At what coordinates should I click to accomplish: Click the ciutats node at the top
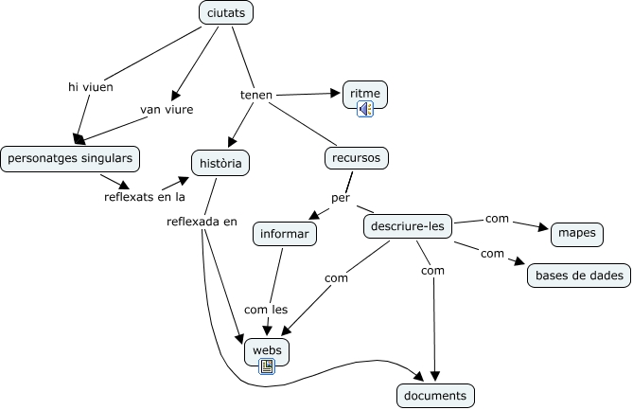tap(227, 13)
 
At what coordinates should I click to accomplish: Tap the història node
tap(220, 163)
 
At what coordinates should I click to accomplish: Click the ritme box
tap(364, 94)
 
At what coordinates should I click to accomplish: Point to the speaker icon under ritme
tap(365, 109)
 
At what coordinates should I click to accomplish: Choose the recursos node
tap(357, 157)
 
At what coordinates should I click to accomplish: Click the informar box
tap(284, 232)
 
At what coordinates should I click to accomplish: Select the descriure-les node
tap(407, 226)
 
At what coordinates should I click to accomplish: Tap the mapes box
tap(576, 233)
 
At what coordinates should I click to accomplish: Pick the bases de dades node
tap(579, 276)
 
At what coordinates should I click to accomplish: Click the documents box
tap(434, 395)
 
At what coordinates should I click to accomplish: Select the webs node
tap(267, 349)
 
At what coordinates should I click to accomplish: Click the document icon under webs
tap(267, 365)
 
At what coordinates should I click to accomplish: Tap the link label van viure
tap(167, 110)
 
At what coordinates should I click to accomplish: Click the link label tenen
tap(256, 95)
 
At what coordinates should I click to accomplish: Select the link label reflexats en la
tap(145, 197)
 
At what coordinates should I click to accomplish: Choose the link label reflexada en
tap(202, 222)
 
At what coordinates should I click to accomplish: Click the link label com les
tap(266, 309)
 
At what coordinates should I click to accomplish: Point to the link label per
tap(341, 198)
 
